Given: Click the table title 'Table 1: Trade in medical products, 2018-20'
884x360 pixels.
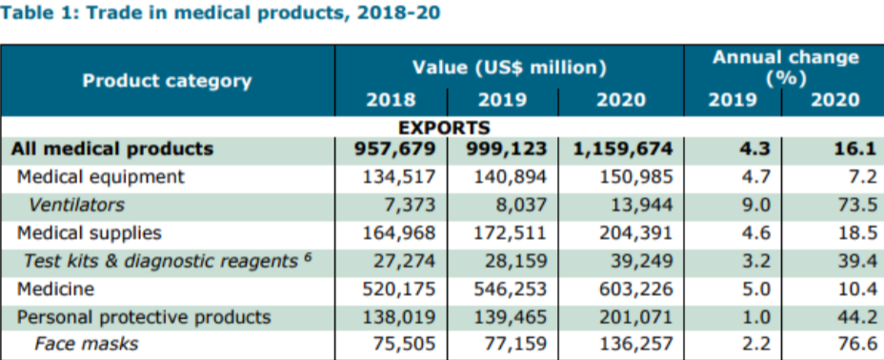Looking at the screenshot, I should click(221, 14).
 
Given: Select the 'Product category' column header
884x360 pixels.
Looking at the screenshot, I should click(167, 80).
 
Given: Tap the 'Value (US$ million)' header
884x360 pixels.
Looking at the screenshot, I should click(510, 68).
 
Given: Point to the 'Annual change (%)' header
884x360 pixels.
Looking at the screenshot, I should click(785, 67).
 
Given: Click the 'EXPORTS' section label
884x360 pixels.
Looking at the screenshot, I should click(444, 127).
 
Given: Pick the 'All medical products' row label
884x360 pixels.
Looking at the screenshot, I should click(112, 149).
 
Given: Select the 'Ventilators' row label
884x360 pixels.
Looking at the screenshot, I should click(76, 205).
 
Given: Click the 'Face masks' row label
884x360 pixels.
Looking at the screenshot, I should click(86, 344).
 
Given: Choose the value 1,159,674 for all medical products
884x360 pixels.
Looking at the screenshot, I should click(623, 149).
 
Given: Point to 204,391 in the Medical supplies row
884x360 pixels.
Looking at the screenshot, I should click(636, 232).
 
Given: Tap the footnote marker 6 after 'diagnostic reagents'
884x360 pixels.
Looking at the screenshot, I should click(308, 257).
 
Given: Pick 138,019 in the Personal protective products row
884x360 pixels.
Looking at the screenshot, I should click(398, 316).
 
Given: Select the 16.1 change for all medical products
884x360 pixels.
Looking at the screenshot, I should click(842, 149).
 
